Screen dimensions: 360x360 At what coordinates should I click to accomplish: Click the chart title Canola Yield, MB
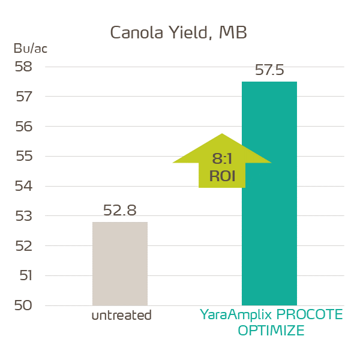(178, 33)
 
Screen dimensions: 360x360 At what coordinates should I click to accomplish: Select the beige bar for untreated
(120, 264)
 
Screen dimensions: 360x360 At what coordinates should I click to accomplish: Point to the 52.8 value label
(120, 211)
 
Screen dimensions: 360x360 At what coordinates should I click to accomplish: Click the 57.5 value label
(269, 70)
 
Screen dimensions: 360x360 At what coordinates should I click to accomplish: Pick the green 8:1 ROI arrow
(222, 161)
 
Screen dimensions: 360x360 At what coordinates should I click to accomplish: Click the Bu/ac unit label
(30, 49)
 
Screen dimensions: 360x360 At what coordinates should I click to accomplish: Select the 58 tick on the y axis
(23, 67)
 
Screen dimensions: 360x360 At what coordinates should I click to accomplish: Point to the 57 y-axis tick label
(23, 97)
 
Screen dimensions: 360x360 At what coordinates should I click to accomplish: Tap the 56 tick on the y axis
(23, 127)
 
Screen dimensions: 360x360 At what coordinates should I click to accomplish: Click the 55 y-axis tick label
(23, 157)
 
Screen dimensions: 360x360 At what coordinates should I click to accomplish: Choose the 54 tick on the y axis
(23, 186)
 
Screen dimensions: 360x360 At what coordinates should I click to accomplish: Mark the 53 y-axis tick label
(23, 216)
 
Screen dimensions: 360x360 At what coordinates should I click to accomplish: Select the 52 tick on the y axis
(23, 246)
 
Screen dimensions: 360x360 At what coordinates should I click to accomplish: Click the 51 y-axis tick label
(23, 276)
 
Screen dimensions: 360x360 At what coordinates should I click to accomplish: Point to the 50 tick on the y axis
(23, 305)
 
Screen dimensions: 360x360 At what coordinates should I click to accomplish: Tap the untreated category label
(121, 316)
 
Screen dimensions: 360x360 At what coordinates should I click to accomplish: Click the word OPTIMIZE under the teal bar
(271, 331)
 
